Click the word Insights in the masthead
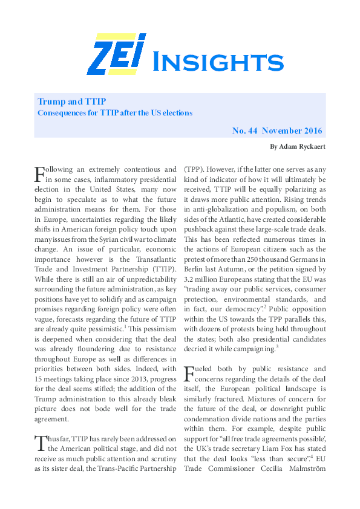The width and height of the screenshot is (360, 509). click(x=216, y=61)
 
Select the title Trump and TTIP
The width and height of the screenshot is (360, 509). click(x=72, y=101)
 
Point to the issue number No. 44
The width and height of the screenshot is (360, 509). click(x=246, y=131)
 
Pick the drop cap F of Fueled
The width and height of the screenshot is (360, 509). click(x=189, y=372)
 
